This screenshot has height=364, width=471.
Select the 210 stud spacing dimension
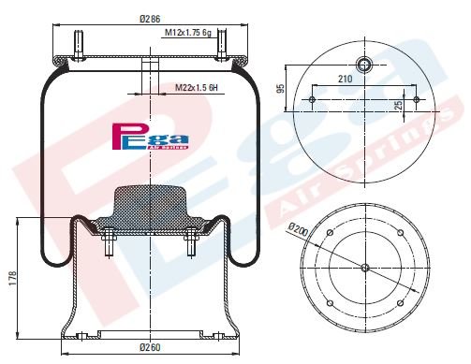coord(346,80)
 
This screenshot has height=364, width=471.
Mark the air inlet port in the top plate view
coord(364,66)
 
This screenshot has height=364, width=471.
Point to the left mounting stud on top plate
coord(77,45)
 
